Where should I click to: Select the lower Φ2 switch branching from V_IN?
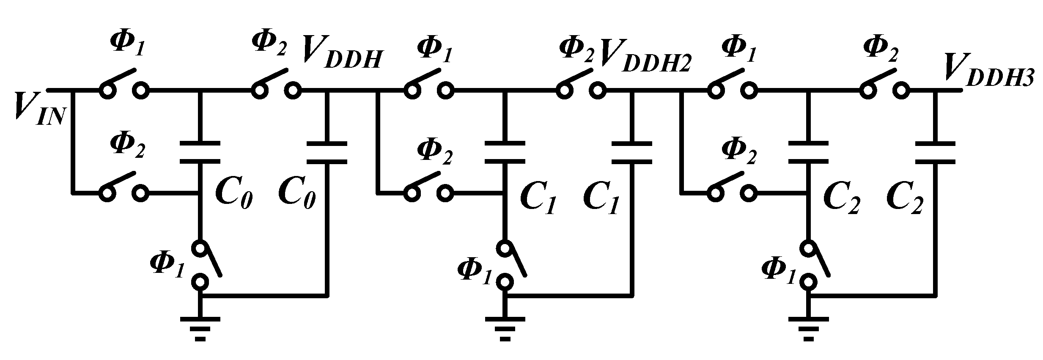point(124,188)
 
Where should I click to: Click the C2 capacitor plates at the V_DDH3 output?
point(935,153)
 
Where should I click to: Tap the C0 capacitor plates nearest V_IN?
point(200,153)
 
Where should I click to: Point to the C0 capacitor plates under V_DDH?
point(327,153)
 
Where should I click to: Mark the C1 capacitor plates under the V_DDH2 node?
point(631,153)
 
